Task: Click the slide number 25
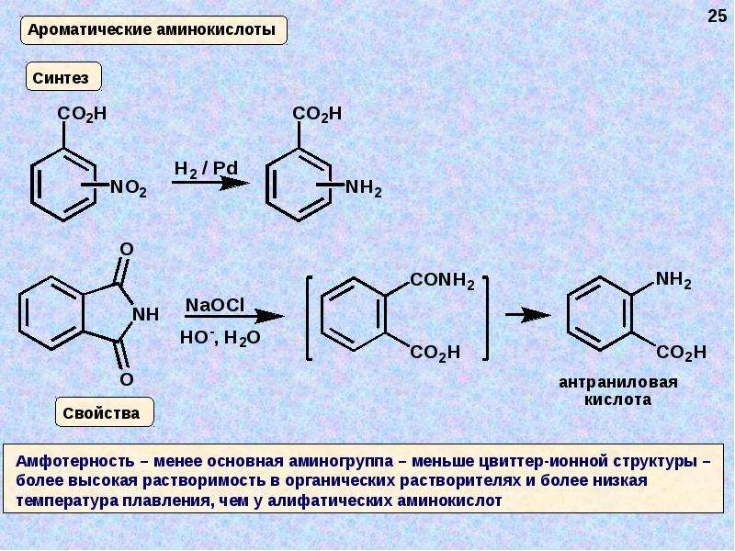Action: [717, 16]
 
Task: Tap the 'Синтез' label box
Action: [63, 76]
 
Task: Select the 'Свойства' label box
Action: [105, 412]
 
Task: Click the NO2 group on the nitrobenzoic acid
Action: [128, 188]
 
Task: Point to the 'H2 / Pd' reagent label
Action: [206, 169]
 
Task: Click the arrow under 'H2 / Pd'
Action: [210, 182]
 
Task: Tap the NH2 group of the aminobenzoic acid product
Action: [363, 188]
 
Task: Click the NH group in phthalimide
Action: [145, 314]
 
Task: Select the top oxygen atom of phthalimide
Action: [127, 249]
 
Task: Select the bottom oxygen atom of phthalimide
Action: [127, 379]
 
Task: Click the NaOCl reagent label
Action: [215, 306]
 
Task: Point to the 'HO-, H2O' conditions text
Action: [220, 337]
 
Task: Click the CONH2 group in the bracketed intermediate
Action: [443, 281]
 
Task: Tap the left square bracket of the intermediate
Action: [309, 319]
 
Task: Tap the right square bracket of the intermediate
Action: [486, 319]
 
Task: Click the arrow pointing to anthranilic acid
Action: [527, 315]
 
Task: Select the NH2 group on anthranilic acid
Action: [673, 280]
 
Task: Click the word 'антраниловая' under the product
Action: [617, 382]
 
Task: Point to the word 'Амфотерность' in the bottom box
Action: [75, 461]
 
